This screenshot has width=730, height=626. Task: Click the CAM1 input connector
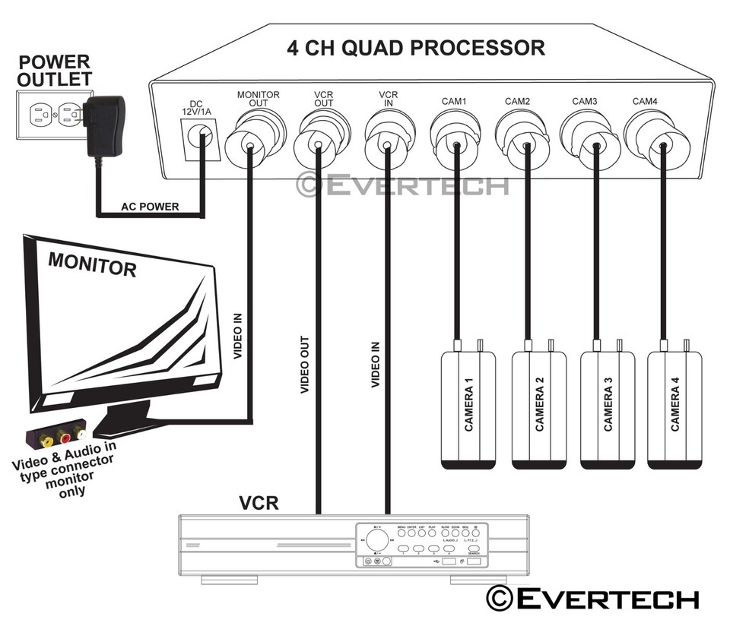[454, 137]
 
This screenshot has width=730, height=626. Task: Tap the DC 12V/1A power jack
[203, 139]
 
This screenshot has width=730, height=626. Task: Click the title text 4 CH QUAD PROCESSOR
[415, 48]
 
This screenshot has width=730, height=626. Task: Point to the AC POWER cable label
[151, 207]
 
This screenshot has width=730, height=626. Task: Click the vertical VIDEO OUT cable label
[304, 365]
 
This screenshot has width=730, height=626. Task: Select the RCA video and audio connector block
[57, 438]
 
